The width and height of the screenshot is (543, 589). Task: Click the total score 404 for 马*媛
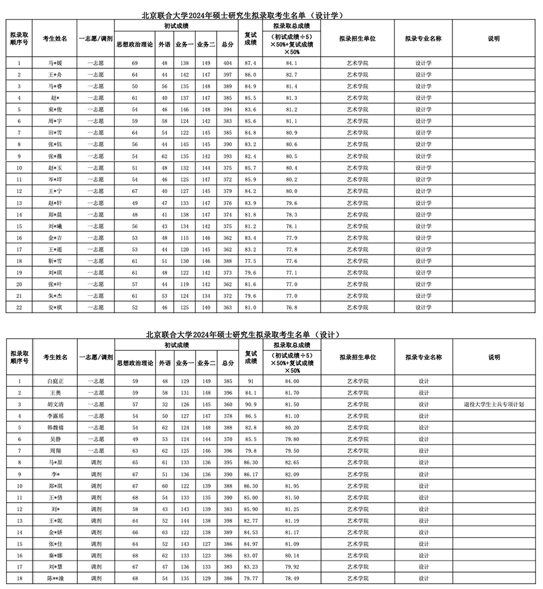[x=227, y=63]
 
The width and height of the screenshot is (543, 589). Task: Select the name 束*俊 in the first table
[x=55, y=109]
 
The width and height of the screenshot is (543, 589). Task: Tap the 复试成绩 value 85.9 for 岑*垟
[x=250, y=179]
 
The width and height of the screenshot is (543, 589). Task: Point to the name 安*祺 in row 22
[x=55, y=307]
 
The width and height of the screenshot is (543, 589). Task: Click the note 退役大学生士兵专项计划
[x=494, y=404]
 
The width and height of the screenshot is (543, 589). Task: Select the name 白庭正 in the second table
[x=55, y=381]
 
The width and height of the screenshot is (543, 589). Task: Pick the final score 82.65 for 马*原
[x=291, y=462]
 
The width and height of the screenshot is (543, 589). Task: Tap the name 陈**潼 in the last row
[x=55, y=579]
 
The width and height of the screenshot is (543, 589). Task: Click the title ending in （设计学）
[x=245, y=15]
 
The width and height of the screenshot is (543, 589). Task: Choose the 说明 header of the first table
[x=494, y=38]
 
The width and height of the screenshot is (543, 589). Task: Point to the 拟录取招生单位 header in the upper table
[x=357, y=38]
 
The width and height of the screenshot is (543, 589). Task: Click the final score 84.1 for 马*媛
[x=291, y=63]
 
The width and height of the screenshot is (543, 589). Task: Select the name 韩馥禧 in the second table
[x=55, y=427]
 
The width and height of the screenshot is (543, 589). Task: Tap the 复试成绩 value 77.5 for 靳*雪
[x=250, y=261]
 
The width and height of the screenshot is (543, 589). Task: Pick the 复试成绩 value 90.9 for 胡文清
[x=250, y=404]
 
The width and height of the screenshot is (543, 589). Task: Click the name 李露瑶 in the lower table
[x=55, y=416]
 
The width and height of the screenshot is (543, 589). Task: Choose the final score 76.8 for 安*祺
[x=291, y=307]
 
